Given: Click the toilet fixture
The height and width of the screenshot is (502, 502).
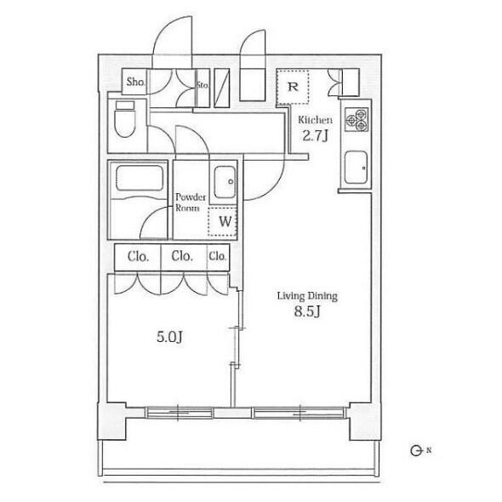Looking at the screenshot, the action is click(x=125, y=119).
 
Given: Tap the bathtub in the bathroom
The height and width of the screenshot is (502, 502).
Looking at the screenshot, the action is click(x=139, y=179).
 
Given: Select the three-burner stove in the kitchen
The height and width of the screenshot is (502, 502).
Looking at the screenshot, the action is click(x=357, y=119).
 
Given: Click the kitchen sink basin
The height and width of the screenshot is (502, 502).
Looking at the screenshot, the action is click(x=356, y=167).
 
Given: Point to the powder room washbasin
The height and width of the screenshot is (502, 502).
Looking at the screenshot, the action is click(x=225, y=182).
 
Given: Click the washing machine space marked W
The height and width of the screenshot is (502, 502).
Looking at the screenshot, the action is click(x=223, y=222).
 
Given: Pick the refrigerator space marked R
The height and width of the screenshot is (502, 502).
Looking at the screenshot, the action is click(x=293, y=87).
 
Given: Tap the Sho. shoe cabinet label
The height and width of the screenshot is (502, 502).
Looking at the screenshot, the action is click(x=136, y=82).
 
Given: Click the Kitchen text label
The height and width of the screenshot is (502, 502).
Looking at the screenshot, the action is click(x=315, y=120).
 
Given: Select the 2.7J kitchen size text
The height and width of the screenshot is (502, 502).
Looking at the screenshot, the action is click(x=316, y=136).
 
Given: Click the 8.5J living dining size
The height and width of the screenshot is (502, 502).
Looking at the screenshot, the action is click(x=307, y=311).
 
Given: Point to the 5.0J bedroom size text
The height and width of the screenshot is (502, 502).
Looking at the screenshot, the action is click(x=169, y=337).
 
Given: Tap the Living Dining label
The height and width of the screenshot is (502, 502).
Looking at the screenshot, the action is click(x=307, y=296).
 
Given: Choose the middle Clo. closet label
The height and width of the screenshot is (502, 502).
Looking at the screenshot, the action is click(x=182, y=256).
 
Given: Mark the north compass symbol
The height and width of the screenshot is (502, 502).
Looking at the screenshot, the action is click(x=415, y=451).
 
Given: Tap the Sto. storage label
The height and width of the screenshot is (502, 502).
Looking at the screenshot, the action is click(x=203, y=85).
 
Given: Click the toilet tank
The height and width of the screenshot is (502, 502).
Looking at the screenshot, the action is click(x=125, y=106).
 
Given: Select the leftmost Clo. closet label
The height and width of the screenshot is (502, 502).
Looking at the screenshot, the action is click(x=139, y=256).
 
